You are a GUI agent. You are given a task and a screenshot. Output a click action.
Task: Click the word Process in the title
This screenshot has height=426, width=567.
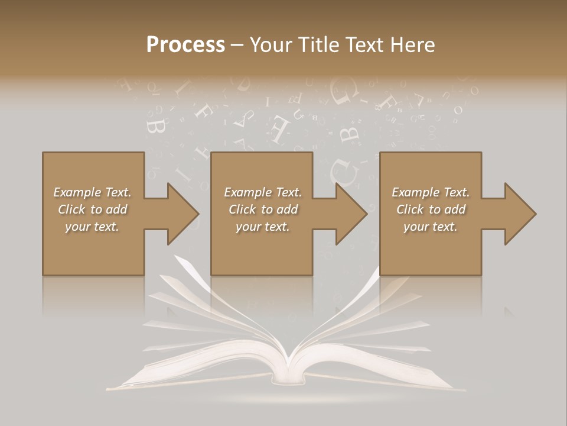[x=185, y=45]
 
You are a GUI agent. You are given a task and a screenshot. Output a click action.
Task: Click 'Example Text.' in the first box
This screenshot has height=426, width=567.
[x=92, y=192]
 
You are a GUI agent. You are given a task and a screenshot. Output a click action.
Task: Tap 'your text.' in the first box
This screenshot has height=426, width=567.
[x=92, y=227]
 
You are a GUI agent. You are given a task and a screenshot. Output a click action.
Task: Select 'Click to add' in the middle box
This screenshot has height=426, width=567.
[x=263, y=209]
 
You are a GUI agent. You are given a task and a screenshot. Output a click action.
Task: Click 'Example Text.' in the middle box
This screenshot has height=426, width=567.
[x=263, y=192]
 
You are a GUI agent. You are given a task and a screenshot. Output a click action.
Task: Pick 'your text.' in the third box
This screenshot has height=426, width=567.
[x=431, y=227]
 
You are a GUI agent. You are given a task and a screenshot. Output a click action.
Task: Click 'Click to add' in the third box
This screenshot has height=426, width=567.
[x=431, y=209]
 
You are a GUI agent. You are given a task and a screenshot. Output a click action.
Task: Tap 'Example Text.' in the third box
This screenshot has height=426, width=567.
[x=431, y=192]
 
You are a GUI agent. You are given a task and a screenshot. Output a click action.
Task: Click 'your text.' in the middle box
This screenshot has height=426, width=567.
[x=263, y=227]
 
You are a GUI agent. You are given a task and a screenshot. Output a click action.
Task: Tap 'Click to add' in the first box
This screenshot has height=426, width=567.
[x=92, y=209]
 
